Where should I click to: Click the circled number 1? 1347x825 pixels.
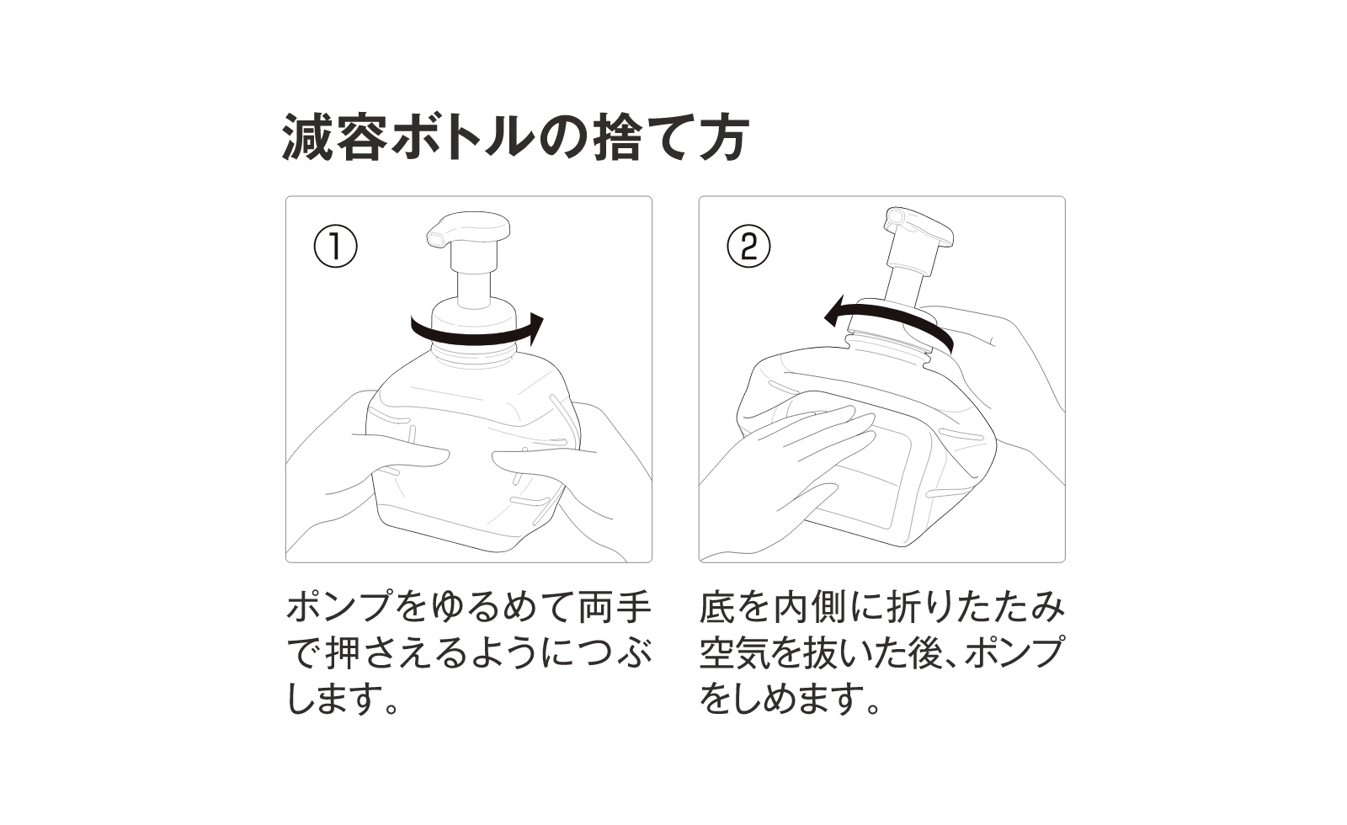(335, 247)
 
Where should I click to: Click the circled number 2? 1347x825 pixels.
(748, 247)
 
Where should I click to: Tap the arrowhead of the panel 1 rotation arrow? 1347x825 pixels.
(535, 327)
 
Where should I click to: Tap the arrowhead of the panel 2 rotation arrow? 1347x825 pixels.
(831, 314)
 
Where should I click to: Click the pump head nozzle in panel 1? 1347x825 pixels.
(438, 237)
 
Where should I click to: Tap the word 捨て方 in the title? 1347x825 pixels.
(665, 137)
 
